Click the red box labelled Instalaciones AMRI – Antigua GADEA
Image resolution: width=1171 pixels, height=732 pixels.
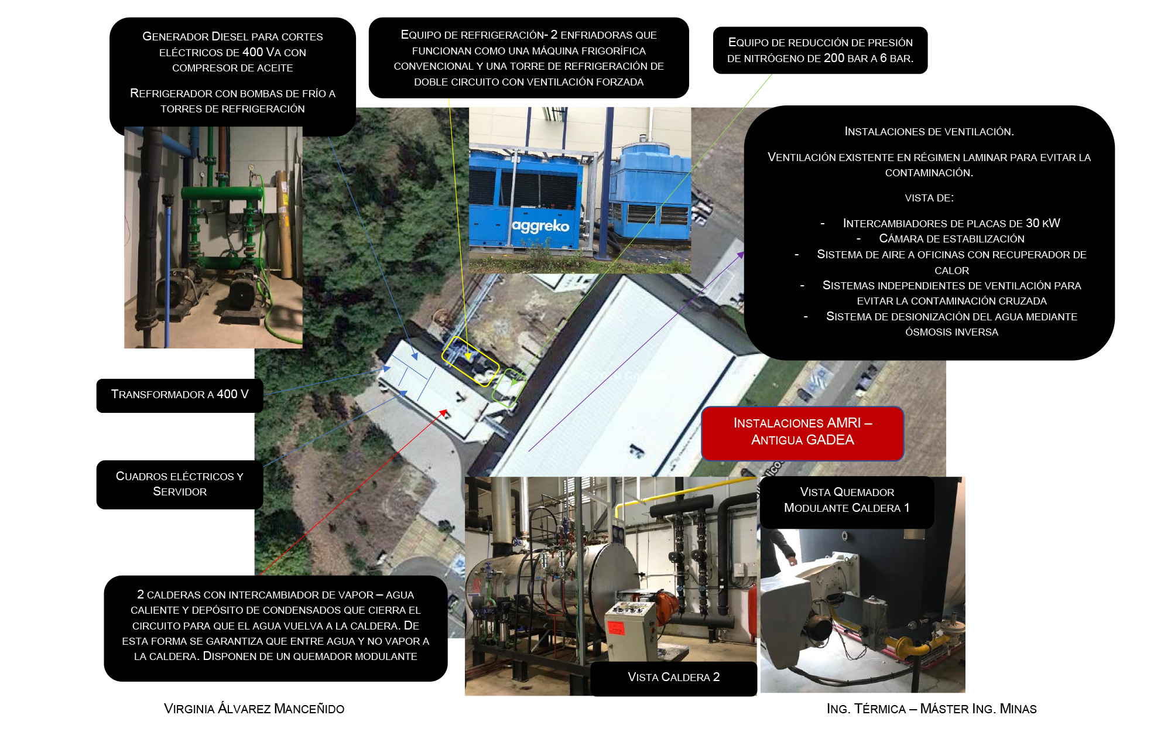coord(802,433)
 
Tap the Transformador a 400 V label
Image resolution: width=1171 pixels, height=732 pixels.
coord(180,395)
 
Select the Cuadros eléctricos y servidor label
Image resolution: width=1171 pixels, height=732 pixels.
coord(180,484)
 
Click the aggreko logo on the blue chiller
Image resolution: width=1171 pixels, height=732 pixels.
coord(540,226)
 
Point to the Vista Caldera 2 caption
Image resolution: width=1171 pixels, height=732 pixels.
coord(673,678)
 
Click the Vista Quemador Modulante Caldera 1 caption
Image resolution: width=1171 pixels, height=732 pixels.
coord(847,501)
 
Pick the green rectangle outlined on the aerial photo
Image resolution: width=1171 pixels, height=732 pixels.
coord(508,388)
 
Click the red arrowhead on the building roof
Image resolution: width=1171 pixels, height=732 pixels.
coord(444,413)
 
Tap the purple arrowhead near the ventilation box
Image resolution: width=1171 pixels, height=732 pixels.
coord(741,255)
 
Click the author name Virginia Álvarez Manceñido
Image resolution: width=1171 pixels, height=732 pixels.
coord(254,709)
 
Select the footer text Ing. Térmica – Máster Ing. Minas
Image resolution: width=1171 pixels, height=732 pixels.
coord(932,709)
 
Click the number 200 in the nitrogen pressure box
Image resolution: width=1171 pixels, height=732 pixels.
coord(834,59)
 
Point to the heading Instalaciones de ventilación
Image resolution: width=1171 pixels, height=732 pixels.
coord(929,132)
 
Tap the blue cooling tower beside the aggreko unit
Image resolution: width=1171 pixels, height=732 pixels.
coord(650,193)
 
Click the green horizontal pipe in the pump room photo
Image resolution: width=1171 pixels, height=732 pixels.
coord(222,193)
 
